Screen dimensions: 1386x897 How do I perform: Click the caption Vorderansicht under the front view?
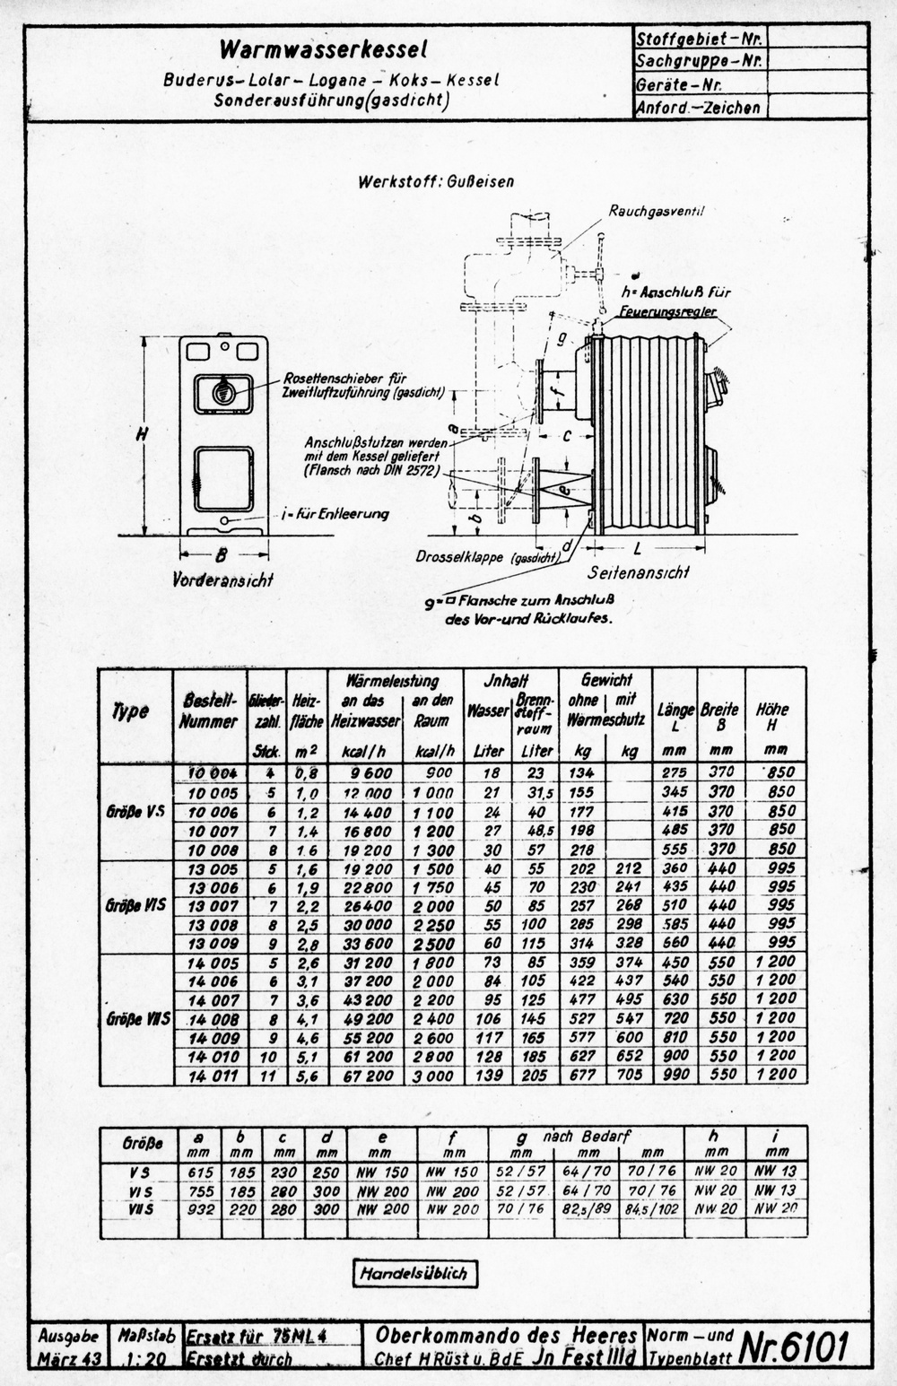tap(222, 580)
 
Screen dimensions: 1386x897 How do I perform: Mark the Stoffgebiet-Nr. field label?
tap(699, 39)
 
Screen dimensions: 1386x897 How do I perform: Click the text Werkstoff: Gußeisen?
tap(436, 181)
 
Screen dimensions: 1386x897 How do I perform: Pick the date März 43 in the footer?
tap(69, 1359)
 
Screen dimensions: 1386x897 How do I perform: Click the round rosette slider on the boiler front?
tap(222, 392)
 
